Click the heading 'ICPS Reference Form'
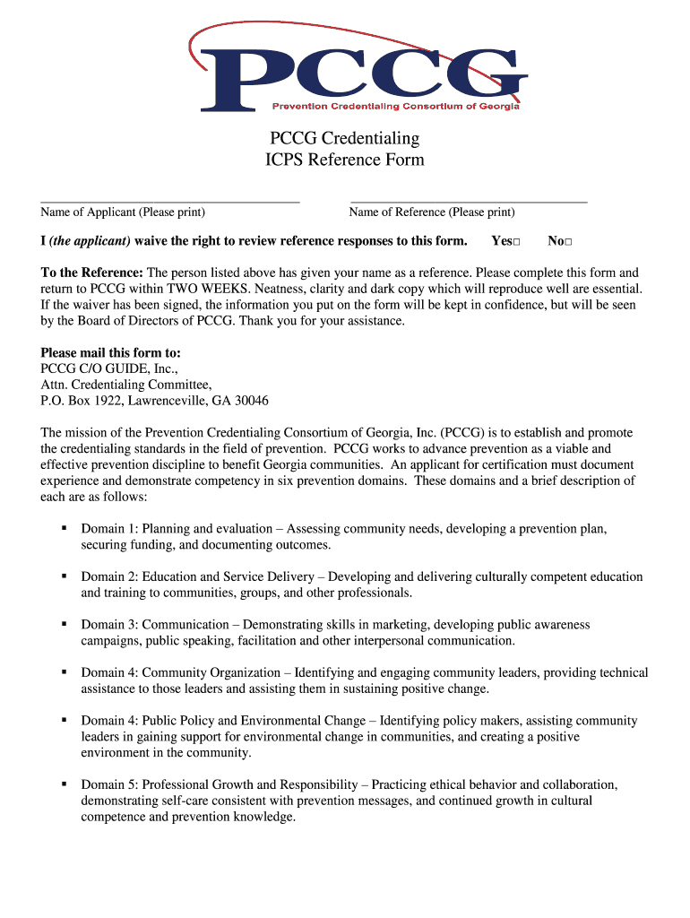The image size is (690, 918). (x=345, y=160)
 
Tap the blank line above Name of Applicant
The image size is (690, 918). (x=169, y=202)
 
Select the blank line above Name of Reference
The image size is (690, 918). (x=468, y=202)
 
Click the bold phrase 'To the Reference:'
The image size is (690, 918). (x=91, y=273)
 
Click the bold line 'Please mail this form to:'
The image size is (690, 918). (x=110, y=352)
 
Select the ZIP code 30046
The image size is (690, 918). (x=251, y=401)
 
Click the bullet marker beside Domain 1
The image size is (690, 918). (x=64, y=528)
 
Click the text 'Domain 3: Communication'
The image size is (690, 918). (x=154, y=625)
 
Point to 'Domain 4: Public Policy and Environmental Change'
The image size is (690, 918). (x=223, y=721)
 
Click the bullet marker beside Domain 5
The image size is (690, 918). (x=64, y=784)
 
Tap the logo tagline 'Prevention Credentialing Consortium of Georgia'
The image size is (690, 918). (x=395, y=107)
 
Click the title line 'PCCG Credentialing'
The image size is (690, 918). (x=345, y=138)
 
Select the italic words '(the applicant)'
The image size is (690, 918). (x=90, y=241)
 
